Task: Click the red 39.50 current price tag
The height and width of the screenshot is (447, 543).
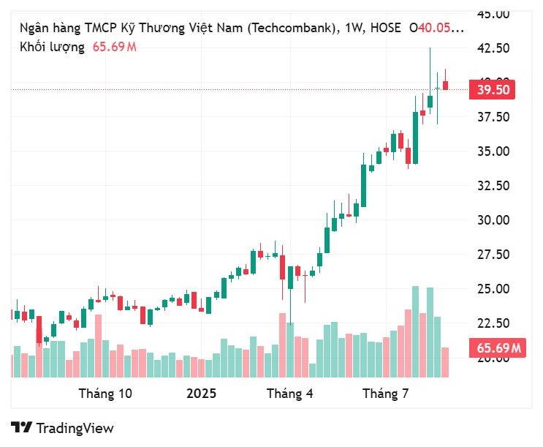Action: [494, 90]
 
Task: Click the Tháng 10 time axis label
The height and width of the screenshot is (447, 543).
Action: [105, 394]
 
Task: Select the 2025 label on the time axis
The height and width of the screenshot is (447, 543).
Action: [201, 394]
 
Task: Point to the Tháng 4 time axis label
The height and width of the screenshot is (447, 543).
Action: [289, 394]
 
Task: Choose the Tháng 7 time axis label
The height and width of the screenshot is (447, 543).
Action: [385, 394]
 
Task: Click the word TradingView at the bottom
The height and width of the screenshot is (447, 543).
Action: [75, 428]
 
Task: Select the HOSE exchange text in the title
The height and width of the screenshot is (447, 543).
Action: [385, 29]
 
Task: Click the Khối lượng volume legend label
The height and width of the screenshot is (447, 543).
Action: [51, 47]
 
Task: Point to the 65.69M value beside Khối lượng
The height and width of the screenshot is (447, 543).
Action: [114, 47]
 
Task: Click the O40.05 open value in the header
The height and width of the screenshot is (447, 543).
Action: [436, 29]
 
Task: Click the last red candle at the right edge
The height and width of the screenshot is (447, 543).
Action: [445, 86]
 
